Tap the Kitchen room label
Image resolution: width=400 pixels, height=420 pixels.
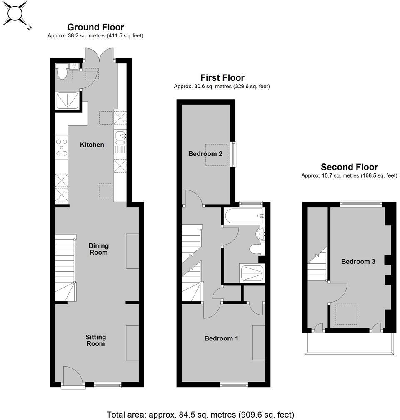click(92, 145)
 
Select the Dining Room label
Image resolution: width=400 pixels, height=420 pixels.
click(98, 249)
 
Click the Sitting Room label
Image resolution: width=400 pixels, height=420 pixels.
click(95, 340)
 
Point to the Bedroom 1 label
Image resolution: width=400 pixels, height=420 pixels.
click(221, 338)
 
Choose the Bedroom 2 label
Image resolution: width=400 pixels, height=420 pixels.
click(205, 154)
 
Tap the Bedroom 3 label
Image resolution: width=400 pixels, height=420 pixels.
click(358, 262)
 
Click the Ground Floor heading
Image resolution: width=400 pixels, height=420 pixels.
click(95, 27)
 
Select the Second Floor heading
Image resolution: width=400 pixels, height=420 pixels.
click(349, 167)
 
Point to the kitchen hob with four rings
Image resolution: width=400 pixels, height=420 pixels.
click(62, 147)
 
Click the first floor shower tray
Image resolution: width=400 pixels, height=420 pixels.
click(252, 273)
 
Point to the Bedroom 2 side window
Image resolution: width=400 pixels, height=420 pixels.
click(234, 155)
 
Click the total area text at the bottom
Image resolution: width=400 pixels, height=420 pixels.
click(200, 414)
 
